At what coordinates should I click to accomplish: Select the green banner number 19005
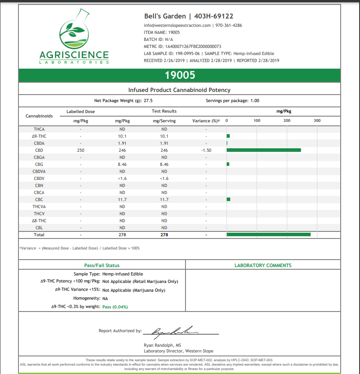coord(179,75)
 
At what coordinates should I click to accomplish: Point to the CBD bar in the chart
coord(264,150)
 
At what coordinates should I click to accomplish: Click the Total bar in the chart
coord(269,235)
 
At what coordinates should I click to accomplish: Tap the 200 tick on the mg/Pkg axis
coord(287,121)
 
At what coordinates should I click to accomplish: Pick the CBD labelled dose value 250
coord(80,150)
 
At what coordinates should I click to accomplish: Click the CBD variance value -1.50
coord(206,150)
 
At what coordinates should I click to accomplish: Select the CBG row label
coord(39,164)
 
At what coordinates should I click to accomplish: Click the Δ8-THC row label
coord(39,220)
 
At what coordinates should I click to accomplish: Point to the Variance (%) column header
coord(206,121)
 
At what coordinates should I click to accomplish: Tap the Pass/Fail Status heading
coord(102,265)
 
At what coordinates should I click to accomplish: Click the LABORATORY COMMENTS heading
coord(263,265)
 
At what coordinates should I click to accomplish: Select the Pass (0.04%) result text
coord(115,307)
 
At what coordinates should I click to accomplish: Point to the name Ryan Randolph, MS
coord(162,345)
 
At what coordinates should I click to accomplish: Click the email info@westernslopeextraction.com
coord(177,25)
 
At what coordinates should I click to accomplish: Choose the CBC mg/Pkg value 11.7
coord(122,199)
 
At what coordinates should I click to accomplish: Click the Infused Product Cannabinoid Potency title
coord(179,90)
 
